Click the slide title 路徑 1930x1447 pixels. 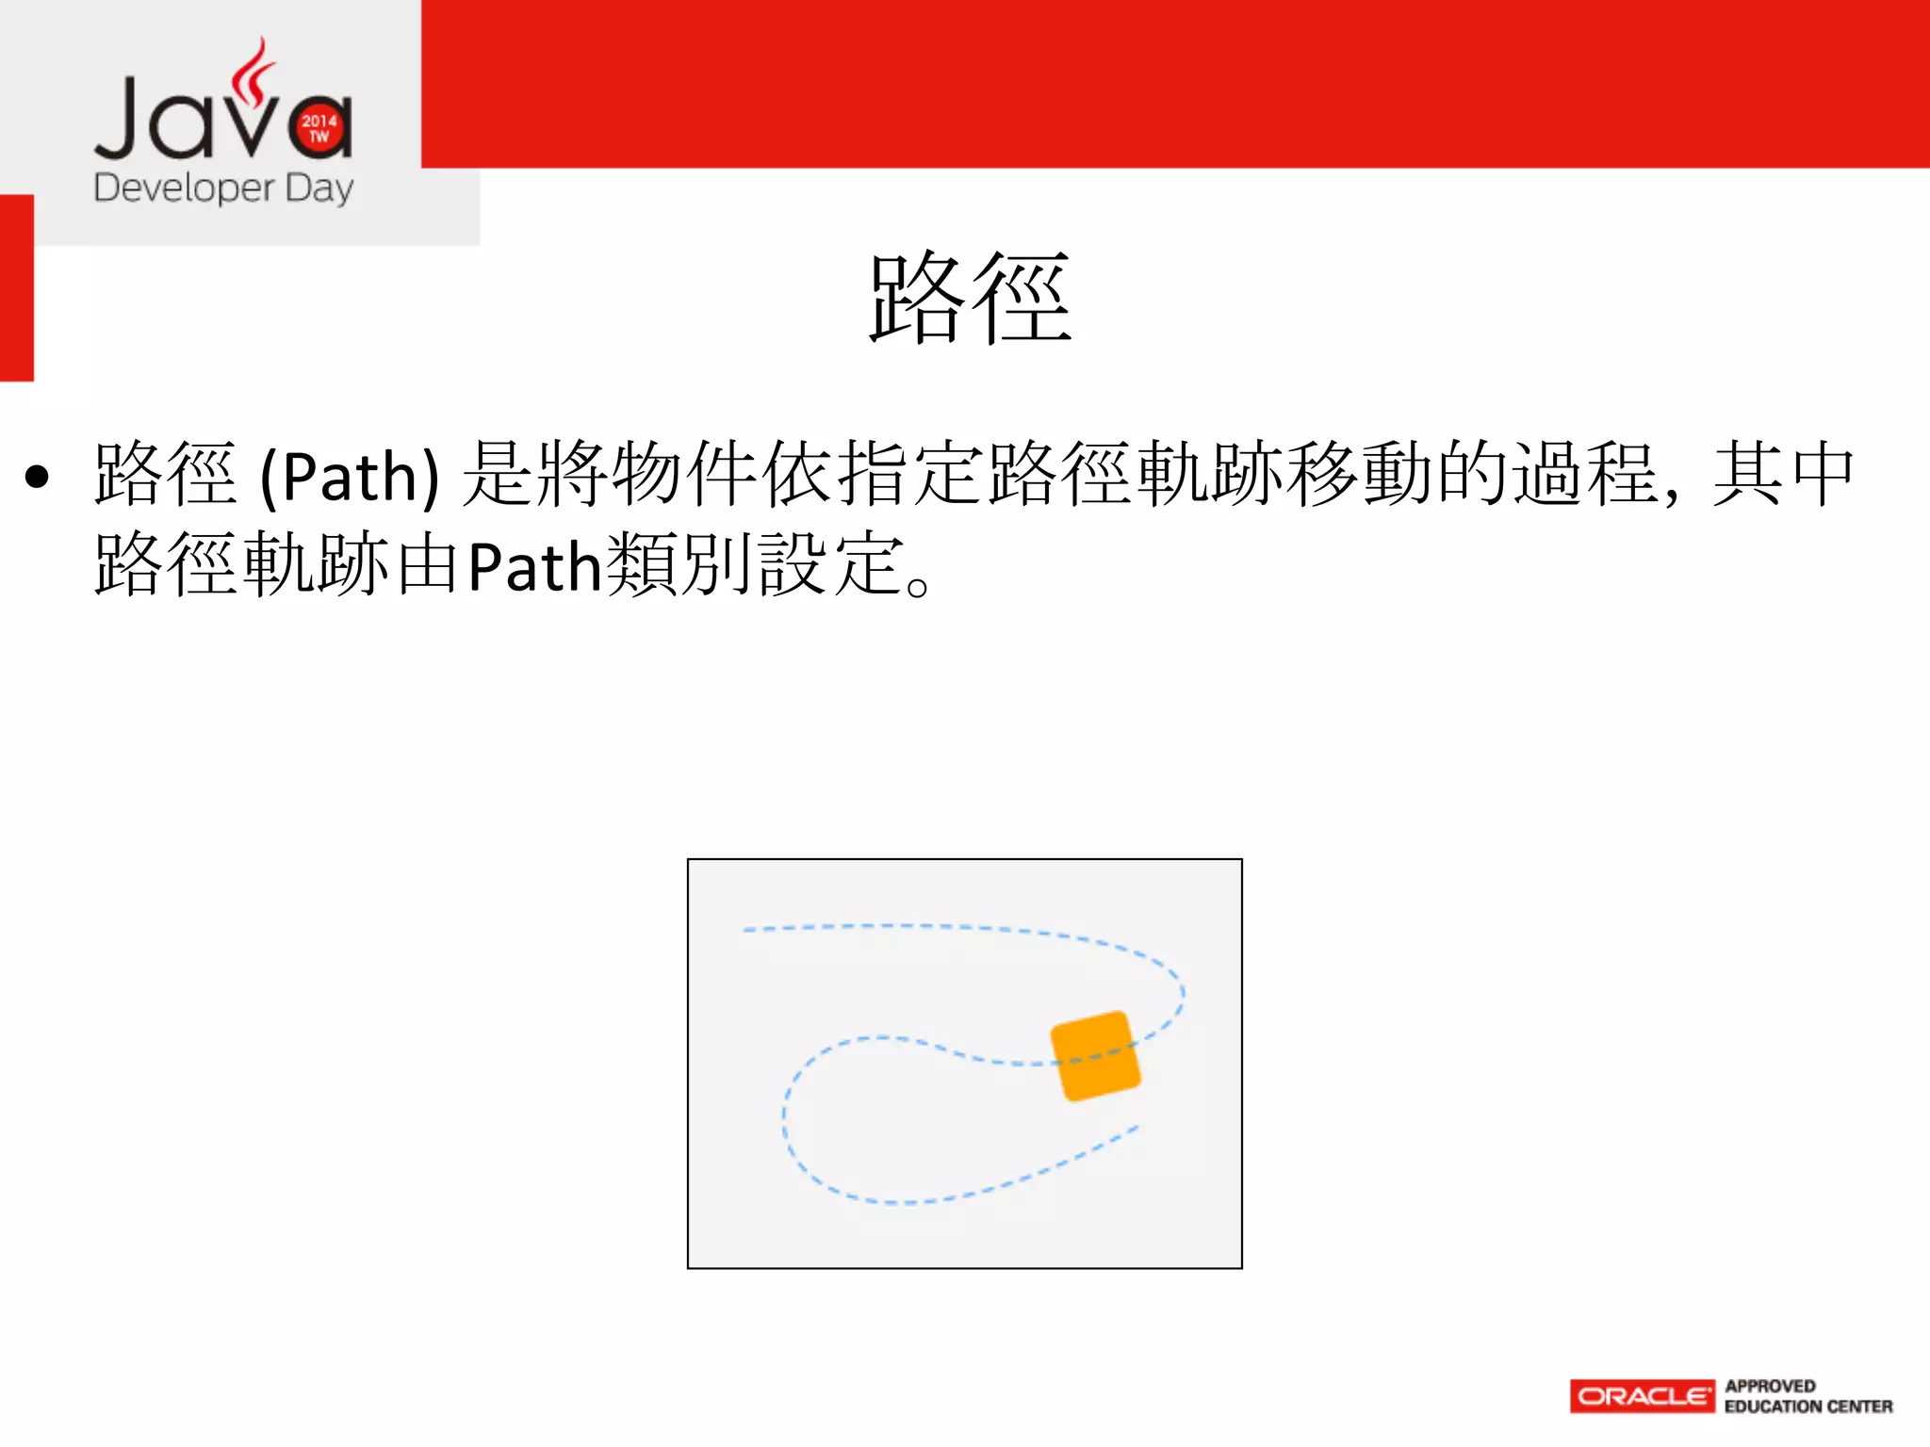point(971,299)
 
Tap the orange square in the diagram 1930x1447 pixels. point(1095,1055)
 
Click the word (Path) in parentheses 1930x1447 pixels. point(350,477)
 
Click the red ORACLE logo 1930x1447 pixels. point(1642,1396)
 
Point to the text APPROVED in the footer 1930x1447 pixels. point(1770,1386)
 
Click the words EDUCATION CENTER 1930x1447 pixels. point(1807,1406)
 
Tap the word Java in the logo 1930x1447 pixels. point(222,118)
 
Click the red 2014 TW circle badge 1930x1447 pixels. point(319,127)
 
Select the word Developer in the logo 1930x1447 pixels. point(185,188)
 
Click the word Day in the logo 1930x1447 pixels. point(319,188)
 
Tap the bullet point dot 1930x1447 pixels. point(37,477)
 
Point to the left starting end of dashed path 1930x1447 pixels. point(746,930)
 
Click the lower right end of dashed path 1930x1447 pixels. point(1136,1128)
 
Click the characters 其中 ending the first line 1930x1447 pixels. point(1783,474)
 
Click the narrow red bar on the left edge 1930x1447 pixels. point(16,287)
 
